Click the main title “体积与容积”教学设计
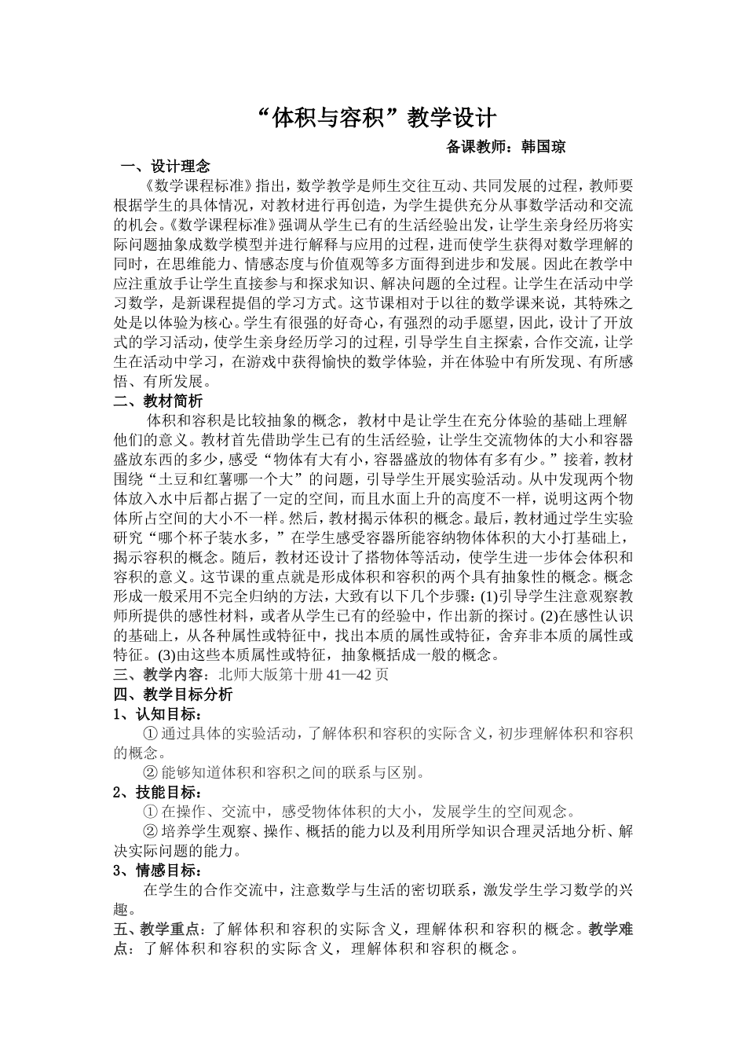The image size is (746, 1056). (x=377, y=118)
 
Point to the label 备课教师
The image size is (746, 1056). (x=477, y=146)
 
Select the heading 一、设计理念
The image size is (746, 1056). (x=166, y=166)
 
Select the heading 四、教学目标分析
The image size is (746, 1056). (x=174, y=694)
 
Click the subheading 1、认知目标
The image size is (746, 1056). (x=157, y=713)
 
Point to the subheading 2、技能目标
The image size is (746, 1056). (x=157, y=792)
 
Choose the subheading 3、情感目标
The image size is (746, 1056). (x=157, y=871)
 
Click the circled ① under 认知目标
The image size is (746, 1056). (x=152, y=733)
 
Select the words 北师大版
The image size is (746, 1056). (x=248, y=674)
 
